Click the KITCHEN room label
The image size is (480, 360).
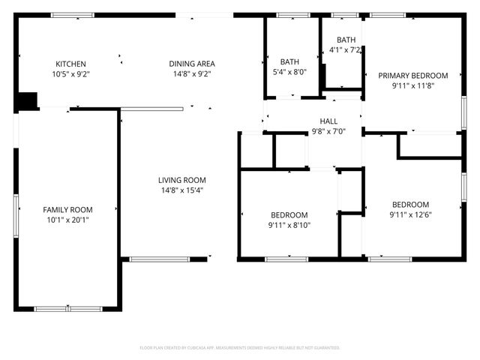tap(70, 64)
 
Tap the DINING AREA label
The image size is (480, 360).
tap(191, 64)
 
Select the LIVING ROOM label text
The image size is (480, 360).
tap(181, 180)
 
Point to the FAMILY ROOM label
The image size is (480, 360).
tap(67, 209)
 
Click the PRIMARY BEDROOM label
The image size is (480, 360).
tap(412, 76)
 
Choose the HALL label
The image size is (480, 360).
tap(328, 121)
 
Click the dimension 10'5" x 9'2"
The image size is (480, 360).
tap(70, 74)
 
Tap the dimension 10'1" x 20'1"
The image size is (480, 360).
tap(67, 220)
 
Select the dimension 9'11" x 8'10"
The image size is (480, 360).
tap(289, 225)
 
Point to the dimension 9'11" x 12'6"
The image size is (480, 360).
tap(410, 215)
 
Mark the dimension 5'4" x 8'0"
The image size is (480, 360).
tap(289, 73)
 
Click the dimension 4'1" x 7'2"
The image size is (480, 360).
tap(346, 50)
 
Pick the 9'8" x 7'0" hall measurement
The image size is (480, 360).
tap(328, 131)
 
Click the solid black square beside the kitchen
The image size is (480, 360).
tap(28, 100)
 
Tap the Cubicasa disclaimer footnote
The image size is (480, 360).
tap(240, 348)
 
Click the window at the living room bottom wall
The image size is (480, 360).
tap(160, 259)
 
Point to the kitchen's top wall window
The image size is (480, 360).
tap(72, 15)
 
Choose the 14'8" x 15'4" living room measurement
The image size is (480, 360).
tap(181, 190)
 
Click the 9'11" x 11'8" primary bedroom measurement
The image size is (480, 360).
tap(412, 86)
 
